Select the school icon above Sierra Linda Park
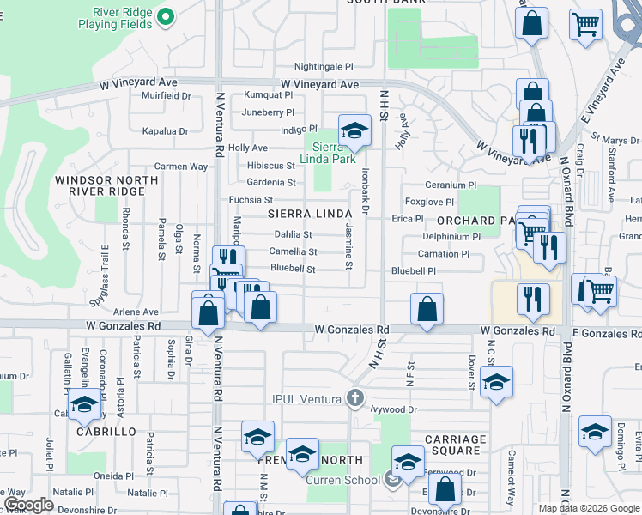(352, 130)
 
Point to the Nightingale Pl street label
(324, 66)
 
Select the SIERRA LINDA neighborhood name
(310, 213)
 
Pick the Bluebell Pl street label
(414, 271)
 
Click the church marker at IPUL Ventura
(355, 397)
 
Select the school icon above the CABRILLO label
(84, 406)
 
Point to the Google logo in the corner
(28, 505)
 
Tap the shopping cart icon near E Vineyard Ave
(587, 25)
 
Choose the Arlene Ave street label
(137, 312)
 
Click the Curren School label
(342, 480)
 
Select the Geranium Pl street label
(451, 185)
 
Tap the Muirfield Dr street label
(166, 95)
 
